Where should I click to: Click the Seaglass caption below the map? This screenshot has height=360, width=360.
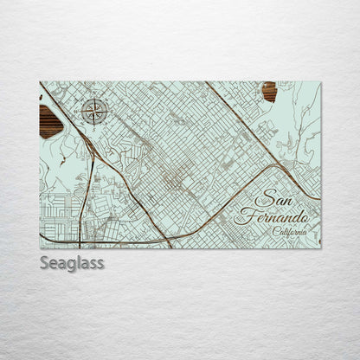(72, 262)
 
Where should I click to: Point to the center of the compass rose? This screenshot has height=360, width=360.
(94, 111)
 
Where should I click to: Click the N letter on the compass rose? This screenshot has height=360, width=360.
(94, 99)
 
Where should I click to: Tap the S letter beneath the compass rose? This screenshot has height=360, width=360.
(94, 124)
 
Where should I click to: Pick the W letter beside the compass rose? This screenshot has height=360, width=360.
(81, 111)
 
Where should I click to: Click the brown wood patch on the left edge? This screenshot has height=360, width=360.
(50, 121)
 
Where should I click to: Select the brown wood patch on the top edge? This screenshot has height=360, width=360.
(269, 91)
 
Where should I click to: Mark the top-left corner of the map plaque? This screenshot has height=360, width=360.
(40, 82)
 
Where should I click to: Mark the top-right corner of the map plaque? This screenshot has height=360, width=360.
(321, 82)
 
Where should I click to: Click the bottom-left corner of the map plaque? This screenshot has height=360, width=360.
(40, 248)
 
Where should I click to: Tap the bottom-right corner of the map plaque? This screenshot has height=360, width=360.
(321, 248)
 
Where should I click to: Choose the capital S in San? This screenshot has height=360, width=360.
(263, 200)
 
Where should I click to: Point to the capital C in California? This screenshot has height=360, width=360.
(275, 232)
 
